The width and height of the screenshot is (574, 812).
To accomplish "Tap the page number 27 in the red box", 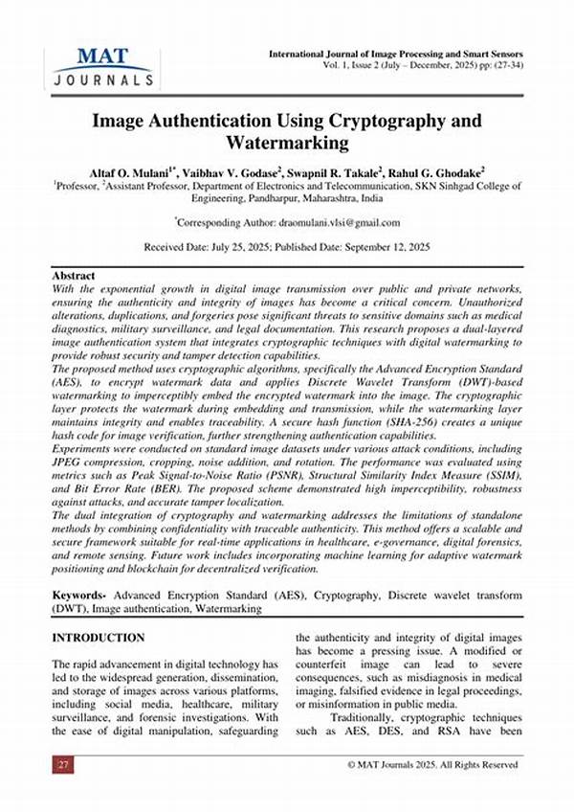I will pos(64,764).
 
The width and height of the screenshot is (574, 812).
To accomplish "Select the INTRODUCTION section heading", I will pos(99,637).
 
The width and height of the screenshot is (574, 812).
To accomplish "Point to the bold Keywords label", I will pos(78,595).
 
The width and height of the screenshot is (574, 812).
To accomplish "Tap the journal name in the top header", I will pos(397,55).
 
